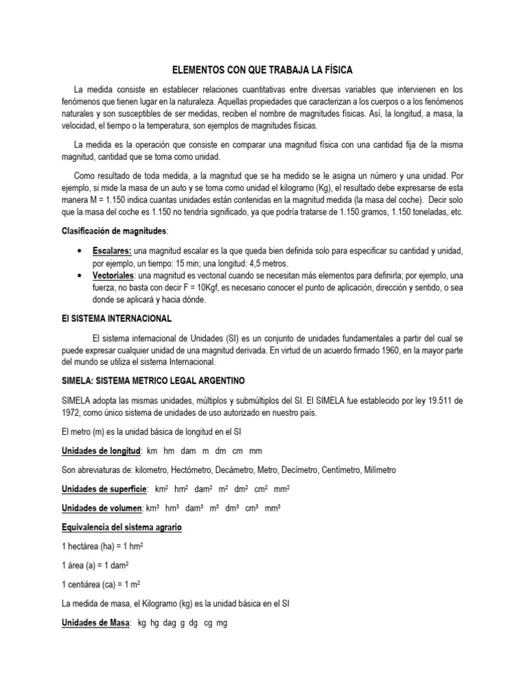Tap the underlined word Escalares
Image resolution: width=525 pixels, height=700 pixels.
point(113,251)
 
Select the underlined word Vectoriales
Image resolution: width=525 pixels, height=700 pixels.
point(116,275)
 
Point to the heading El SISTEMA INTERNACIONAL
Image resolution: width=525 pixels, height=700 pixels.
point(118,319)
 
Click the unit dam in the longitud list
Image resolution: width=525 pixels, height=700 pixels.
point(189,451)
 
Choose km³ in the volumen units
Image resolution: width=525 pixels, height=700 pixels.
point(154,508)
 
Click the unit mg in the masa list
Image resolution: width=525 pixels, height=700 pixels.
point(221,623)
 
